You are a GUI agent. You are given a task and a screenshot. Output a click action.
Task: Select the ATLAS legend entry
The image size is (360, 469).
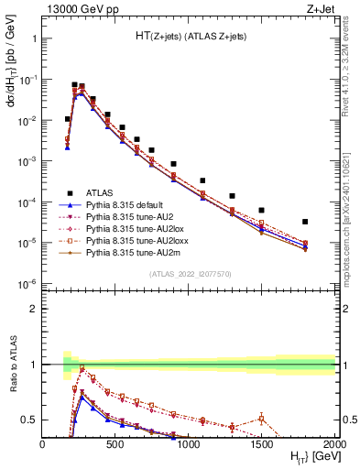click(x=100, y=192)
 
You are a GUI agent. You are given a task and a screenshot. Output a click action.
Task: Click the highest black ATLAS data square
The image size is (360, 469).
click(x=74, y=84)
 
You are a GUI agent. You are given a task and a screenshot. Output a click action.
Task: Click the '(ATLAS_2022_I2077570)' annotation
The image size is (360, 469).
click(x=189, y=274)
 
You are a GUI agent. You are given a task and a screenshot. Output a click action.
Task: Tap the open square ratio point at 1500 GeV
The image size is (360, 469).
click(x=261, y=419)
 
